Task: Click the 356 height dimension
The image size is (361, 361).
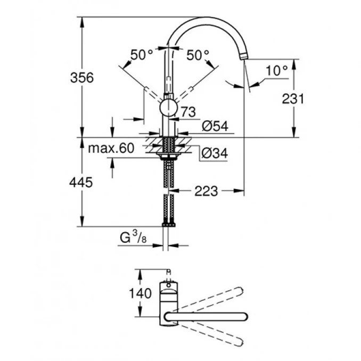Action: [82, 77]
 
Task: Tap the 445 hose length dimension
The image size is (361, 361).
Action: [81, 182]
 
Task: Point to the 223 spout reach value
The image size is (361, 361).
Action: [207, 190]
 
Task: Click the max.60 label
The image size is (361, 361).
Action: [111, 149]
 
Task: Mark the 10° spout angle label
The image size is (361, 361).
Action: [277, 70]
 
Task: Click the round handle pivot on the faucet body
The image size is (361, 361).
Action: [169, 108]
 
